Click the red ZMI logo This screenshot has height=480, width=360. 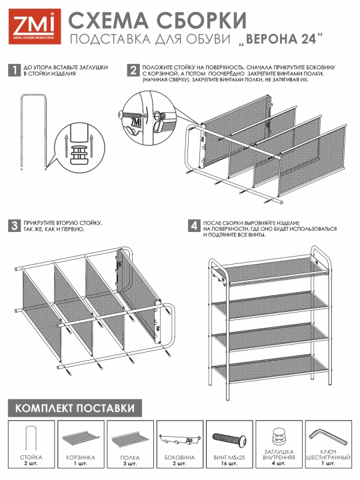click(x=35, y=26)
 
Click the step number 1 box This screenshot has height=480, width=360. click(x=14, y=71)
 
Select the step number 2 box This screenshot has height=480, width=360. click(x=133, y=71)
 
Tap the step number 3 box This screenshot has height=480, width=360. click(x=14, y=226)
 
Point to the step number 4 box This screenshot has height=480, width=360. click(x=194, y=226)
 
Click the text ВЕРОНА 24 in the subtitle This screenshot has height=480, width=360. click(x=281, y=39)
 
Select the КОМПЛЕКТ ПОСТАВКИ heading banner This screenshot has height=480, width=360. click(x=75, y=408)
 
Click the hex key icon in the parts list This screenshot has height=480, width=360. click(x=328, y=437)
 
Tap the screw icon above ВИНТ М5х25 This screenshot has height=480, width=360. click(x=229, y=440)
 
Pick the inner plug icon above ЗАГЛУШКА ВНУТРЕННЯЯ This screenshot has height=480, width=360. click(x=279, y=436)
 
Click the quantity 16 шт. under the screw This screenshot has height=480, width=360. click(x=229, y=463)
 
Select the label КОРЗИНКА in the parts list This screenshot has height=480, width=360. click(x=81, y=457)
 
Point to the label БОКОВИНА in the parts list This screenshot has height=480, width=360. click(x=179, y=457)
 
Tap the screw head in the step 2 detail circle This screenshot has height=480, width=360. click(x=121, y=115)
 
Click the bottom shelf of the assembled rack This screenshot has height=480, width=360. click(x=271, y=368)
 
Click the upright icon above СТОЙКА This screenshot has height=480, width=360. click(x=31, y=438)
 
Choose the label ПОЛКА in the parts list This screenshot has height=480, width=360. click(x=130, y=457)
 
